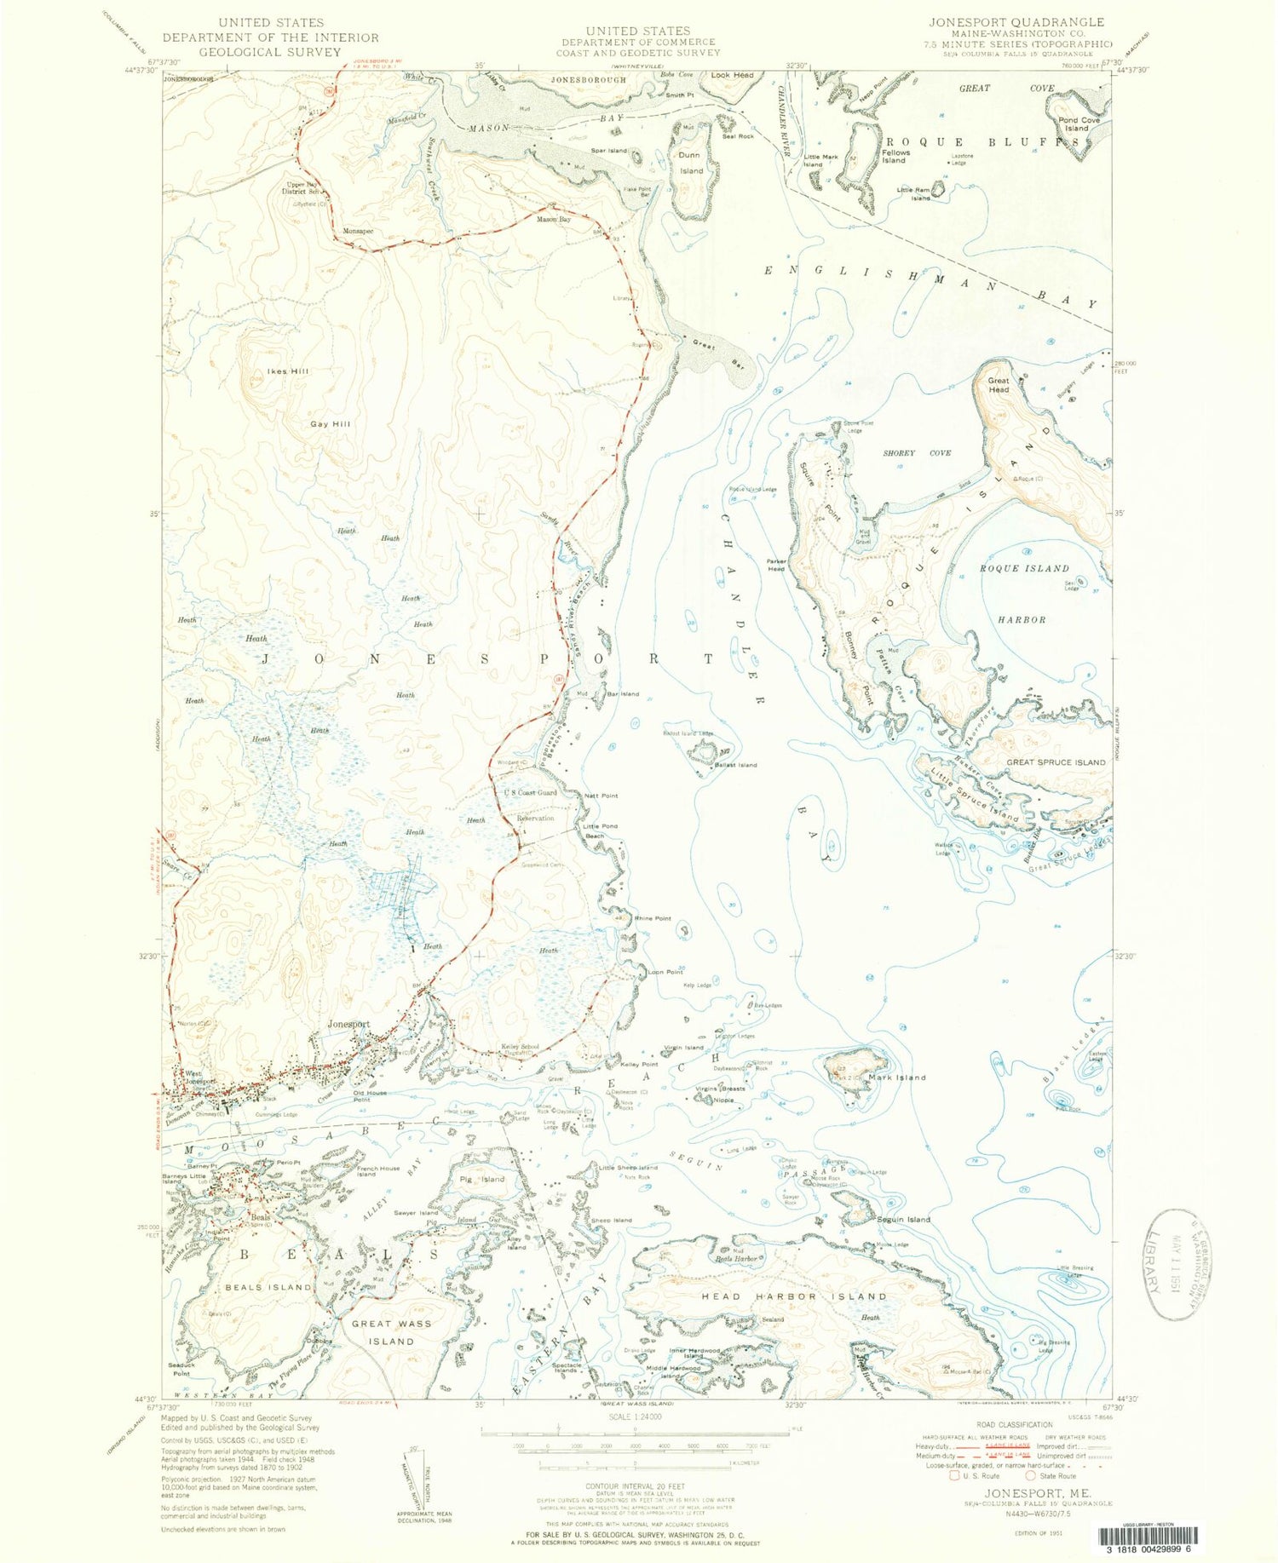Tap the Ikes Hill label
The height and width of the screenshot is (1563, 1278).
pos(288,371)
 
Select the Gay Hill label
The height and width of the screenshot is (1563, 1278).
pos(330,424)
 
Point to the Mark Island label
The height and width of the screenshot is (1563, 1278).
pos(896,1077)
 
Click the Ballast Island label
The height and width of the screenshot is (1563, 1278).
pos(735,765)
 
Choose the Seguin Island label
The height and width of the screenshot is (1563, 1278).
pos(904,1220)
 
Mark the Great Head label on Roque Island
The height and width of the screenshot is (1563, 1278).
pos(999,385)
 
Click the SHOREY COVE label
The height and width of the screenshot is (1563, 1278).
pos(917,453)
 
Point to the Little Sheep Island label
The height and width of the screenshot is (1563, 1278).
pos(628,1168)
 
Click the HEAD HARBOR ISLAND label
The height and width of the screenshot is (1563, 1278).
pos(794,1296)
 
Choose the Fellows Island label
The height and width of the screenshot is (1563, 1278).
pos(895,156)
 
